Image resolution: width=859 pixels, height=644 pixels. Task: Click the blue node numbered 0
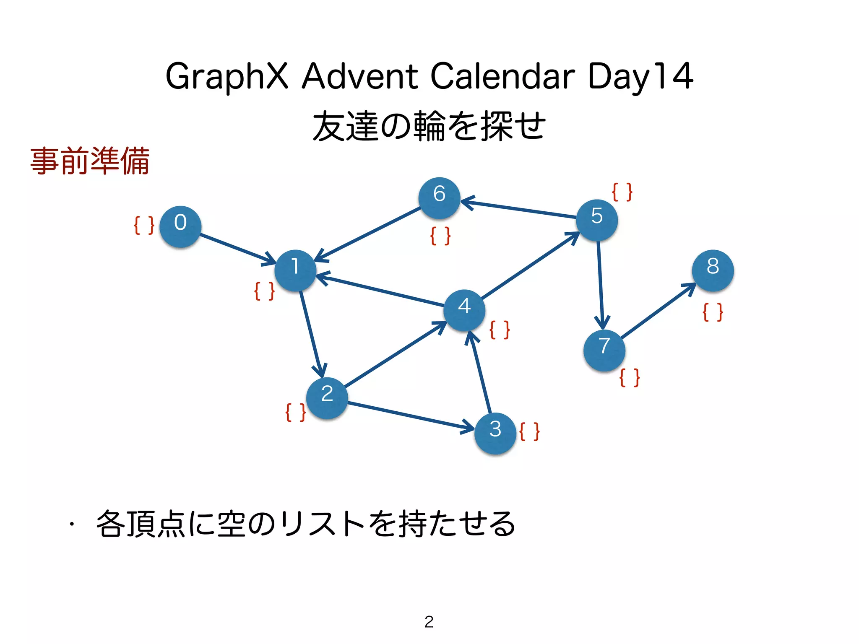click(x=180, y=226)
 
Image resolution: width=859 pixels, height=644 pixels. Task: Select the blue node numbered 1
click(x=295, y=270)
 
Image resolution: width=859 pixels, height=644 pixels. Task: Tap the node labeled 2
click(x=327, y=398)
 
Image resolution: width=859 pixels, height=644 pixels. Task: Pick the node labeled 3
click(x=495, y=433)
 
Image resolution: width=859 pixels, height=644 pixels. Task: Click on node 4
click(x=464, y=310)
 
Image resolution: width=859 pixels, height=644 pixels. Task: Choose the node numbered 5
click(x=597, y=220)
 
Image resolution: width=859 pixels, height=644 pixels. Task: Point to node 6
click(x=439, y=198)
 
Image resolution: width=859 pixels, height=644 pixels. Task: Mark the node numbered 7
click(x=604, y=351)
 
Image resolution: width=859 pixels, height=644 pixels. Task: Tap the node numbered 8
click(x=713, y=270)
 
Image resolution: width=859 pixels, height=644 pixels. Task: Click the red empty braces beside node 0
click(x=144, y=226)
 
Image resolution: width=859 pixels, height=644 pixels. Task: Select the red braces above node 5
click(x=622, y=192)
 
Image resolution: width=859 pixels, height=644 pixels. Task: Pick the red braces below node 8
click(x=713, y=312)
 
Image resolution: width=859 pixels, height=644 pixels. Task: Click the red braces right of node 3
click(x=529, y=432)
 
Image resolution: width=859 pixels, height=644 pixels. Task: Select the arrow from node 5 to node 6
click(x=520, y=209)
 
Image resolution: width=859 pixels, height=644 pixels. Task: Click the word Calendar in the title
click(x=502, y=76)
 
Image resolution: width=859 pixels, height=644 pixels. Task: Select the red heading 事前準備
click(x=90, y=161)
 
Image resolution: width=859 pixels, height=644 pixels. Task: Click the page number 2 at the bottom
click(x=429, y=622)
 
